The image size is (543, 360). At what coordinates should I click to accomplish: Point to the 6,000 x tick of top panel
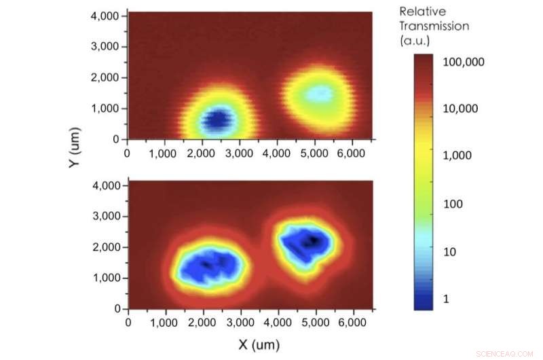click(x=350, y=153)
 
